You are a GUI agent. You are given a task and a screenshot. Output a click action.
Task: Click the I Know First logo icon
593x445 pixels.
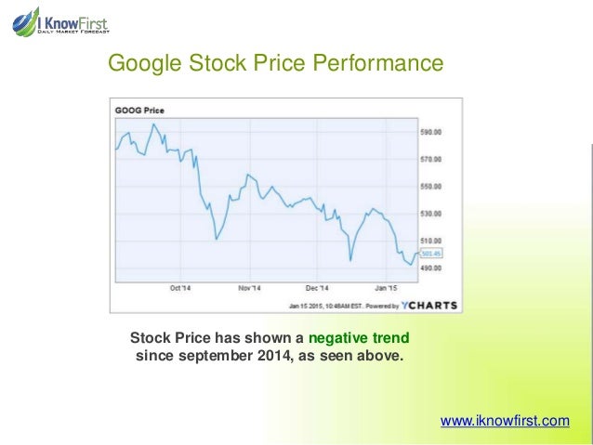(x=25, y=20)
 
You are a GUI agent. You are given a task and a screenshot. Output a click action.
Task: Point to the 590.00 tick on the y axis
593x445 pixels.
(x=430, y=132)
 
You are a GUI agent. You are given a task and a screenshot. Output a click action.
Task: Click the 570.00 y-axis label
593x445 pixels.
(x=430, y=159)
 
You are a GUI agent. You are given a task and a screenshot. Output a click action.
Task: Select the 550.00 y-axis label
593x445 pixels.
(x=430, y=187)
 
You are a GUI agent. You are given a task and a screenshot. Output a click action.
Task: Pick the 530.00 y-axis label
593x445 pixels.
(x=430, y=214)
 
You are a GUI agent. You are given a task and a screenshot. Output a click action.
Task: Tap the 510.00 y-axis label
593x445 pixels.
(x=430, y=241)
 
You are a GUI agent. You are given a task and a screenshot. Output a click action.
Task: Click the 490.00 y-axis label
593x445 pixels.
(x=430, y=268)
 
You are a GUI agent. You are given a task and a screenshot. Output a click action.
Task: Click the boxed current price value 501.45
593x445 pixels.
(x=431, y=253)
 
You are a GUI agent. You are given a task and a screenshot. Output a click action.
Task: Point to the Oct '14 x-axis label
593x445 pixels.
(x=180, y=288)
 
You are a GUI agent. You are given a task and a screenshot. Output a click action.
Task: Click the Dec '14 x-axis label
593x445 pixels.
(x=317, y=288)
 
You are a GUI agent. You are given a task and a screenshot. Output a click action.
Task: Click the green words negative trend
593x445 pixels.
(x=358, y=337)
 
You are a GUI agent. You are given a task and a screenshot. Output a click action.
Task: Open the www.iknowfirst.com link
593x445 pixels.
(x=505, y=421)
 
